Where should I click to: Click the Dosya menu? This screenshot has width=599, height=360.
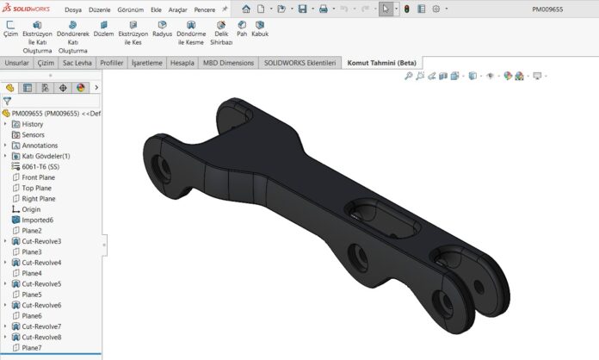click(x=73, y=9)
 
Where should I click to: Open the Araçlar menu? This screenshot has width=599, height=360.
click(x=177, y=9)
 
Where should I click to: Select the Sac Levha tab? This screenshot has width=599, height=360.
click(x=77, y=63)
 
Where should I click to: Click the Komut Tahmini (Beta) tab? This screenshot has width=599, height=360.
click(x=381, y=63)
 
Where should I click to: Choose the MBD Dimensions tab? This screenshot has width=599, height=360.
click(x=228, y=63)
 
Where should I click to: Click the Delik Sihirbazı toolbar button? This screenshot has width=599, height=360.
click(x=221, y=34)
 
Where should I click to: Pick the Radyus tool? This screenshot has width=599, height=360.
click(x=162, y=29)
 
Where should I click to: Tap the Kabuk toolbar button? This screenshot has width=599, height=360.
click(x=260, y=29)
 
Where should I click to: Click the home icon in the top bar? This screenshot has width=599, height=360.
click(x=246, y=9)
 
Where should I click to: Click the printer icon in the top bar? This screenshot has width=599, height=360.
click(x=324, y=9)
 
